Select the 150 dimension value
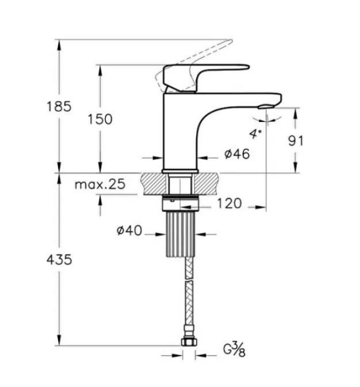(x=99, y=120)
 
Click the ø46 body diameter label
(x=237, y=154)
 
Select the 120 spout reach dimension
(x=230, y=204)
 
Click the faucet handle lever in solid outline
(x=194, y=76)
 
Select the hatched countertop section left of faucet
(x=152, y=183)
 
